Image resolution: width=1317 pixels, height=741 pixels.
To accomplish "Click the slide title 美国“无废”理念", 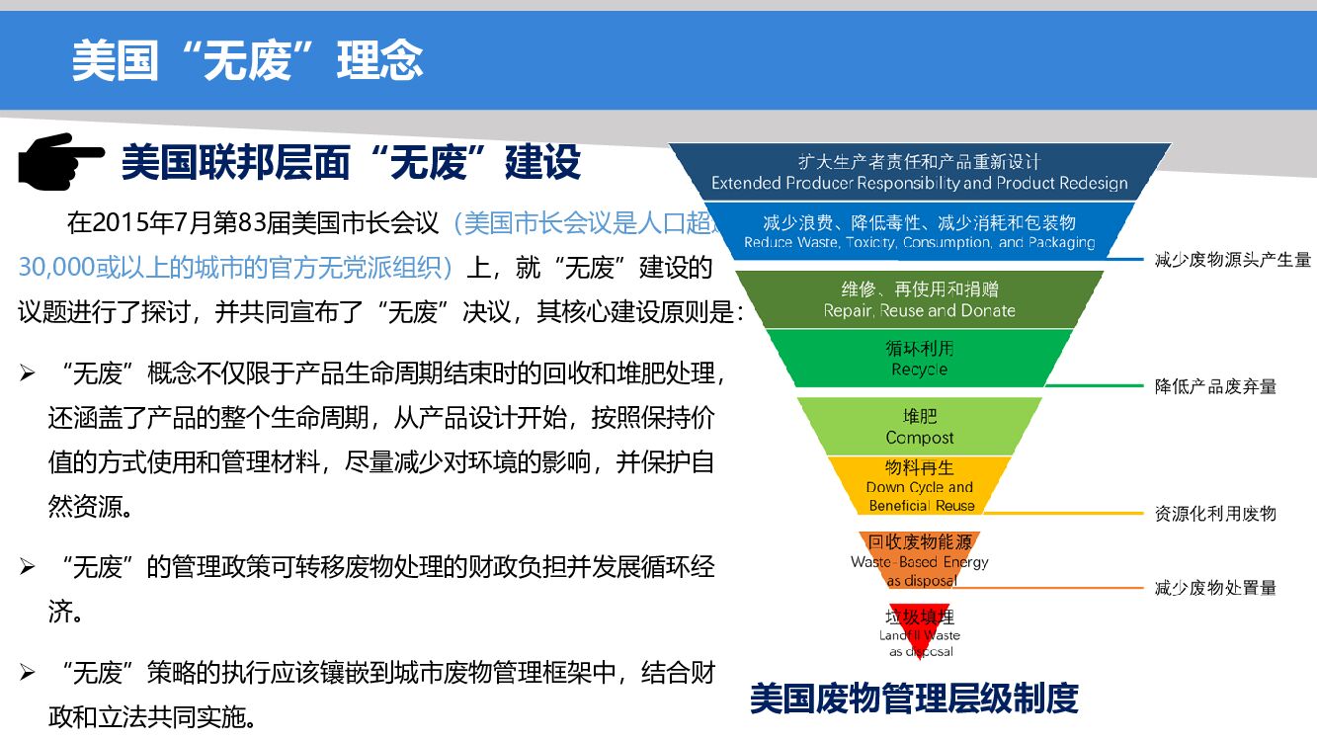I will coord(247,60).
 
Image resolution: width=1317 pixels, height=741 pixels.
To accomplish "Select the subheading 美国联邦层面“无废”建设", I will coord(351,162).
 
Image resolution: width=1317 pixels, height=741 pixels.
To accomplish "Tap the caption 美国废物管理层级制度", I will coord(913,699).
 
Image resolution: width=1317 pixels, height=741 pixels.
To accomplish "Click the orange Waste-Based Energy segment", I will coord(920,560).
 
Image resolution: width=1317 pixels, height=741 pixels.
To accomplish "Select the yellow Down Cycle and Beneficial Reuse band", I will coord(920,486).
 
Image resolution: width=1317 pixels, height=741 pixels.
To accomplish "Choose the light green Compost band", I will coord(920,427).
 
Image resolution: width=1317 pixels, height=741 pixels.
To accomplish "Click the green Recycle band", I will coord(920,359).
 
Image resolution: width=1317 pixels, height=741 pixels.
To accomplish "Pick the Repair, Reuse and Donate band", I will coord(920,299).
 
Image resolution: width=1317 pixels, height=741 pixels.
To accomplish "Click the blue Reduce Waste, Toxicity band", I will coord(920,232).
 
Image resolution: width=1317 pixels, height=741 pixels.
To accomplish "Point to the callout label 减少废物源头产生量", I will coord(1232,260).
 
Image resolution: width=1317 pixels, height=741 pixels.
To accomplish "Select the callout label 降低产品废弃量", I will coord(1215,386).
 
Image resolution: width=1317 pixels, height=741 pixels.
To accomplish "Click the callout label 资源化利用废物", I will coord(1215,513).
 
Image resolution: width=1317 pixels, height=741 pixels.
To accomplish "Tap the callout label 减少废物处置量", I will coord(1215,588).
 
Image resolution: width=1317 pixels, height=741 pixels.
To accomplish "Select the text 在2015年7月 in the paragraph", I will coord(132,222).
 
